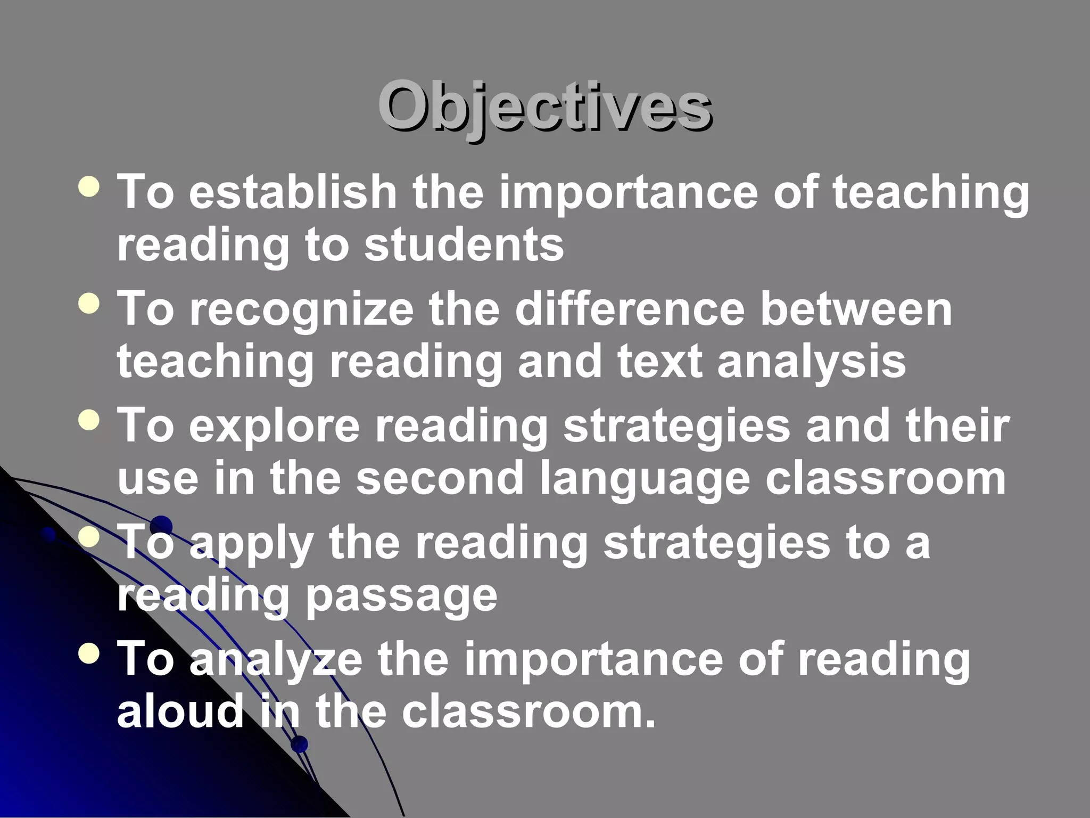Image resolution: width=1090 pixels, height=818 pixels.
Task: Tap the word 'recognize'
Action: (x=301, y=310)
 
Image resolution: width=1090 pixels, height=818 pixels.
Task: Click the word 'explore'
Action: (x=274, y=426)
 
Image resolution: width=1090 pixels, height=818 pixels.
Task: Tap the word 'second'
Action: (x=440, y=478)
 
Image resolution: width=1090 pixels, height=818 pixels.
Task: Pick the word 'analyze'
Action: (x=276, y=660)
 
